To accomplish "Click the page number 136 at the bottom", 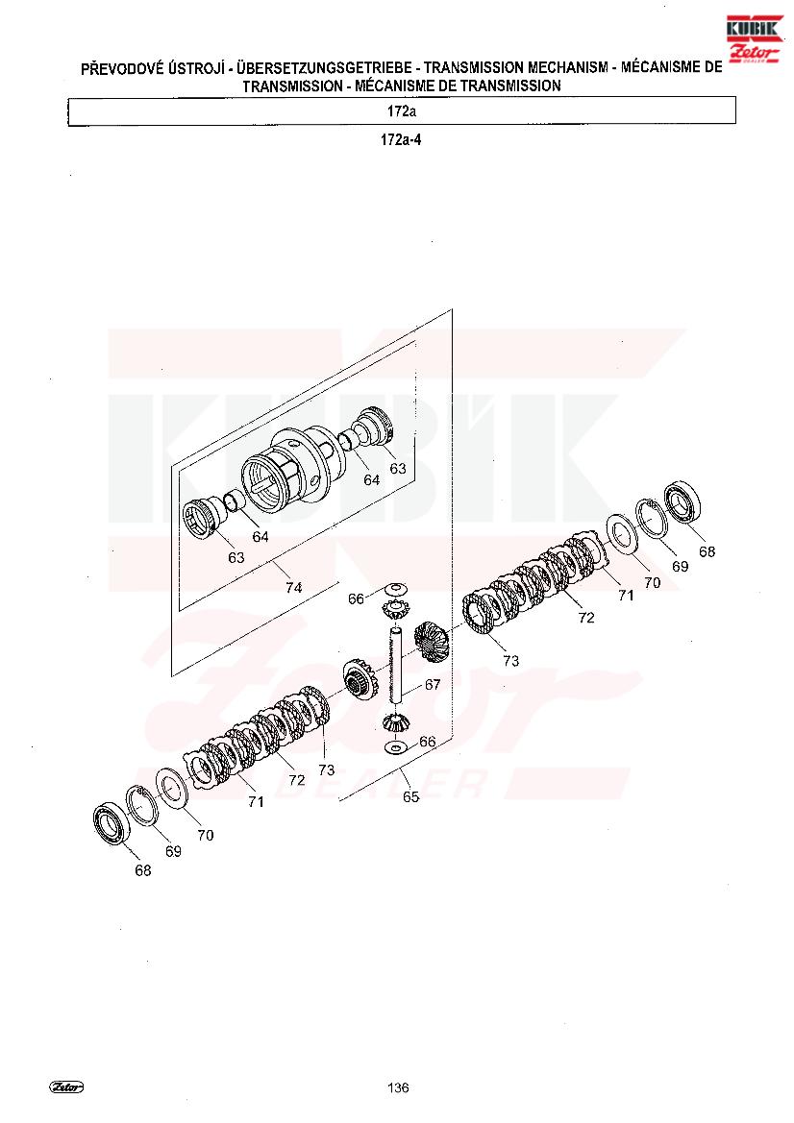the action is click(x=398, y=1087).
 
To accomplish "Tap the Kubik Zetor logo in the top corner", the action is click(x=754, y=39).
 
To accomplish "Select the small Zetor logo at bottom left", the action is click(x=66, y=1086).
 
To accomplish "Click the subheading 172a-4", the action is click(x=401, y=139).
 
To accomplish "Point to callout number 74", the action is click(x=294, y=587).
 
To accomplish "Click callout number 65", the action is click(x=410, y=796).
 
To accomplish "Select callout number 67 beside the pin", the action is click(x=433, y=685).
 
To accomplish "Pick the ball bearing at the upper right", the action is click(x=685, y=504).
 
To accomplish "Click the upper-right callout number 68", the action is click(x=707, y=551).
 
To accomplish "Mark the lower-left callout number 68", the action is click(x=143, y=870).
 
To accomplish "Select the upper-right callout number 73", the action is click(x=510, y=660).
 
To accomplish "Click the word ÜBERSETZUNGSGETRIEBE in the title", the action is click(x=324, y=68).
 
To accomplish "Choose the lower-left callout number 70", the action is click(x=206, y=835).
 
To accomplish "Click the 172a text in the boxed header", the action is click(x=401, y=111).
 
